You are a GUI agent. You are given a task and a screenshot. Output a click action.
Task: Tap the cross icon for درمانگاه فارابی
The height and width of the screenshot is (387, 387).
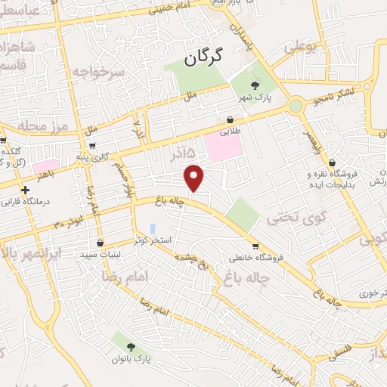[x=26, y=190]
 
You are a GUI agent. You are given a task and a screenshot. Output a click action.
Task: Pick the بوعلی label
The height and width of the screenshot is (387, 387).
[x=301, y=48]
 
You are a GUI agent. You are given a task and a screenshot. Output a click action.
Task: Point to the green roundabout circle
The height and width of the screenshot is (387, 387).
[x=296, y=106]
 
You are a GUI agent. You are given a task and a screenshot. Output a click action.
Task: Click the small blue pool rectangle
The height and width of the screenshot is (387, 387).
[x=153, y=228]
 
